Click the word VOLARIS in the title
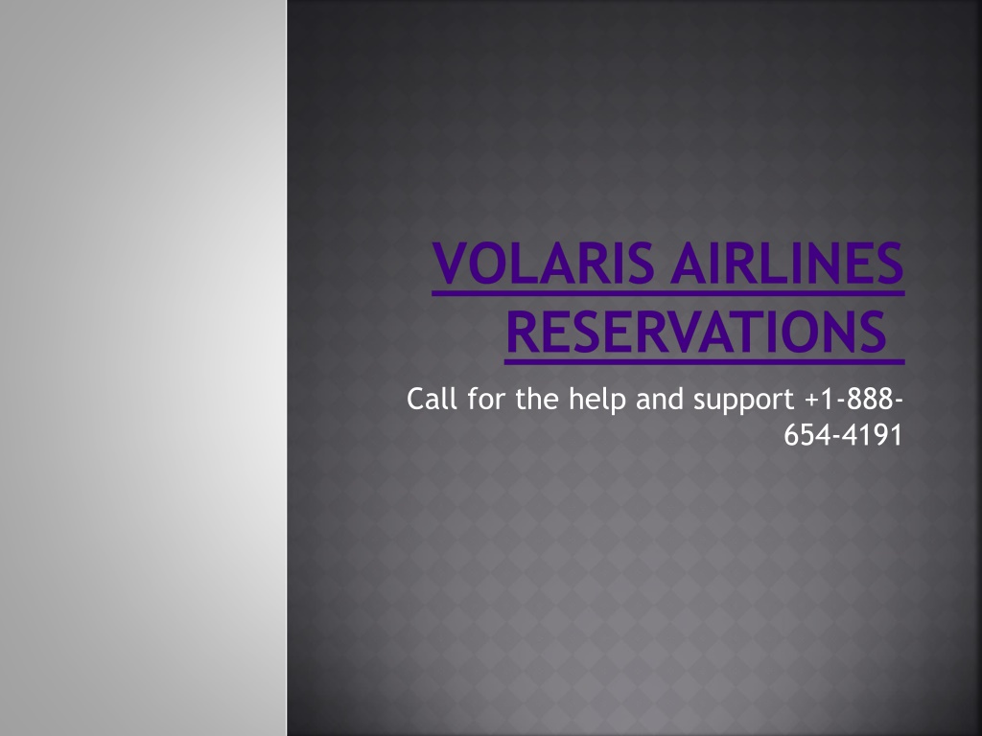(x=543, y=263)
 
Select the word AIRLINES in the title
(x=787, y=263)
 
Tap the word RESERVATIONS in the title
(x=696, y=332)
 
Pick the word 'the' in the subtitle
(x=537, y=398)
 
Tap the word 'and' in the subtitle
(x=660, y=398)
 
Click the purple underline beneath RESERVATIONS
(x=705, y=361)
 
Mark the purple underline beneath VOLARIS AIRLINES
(x=668, y=292)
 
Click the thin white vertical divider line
(x=287, y=368)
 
